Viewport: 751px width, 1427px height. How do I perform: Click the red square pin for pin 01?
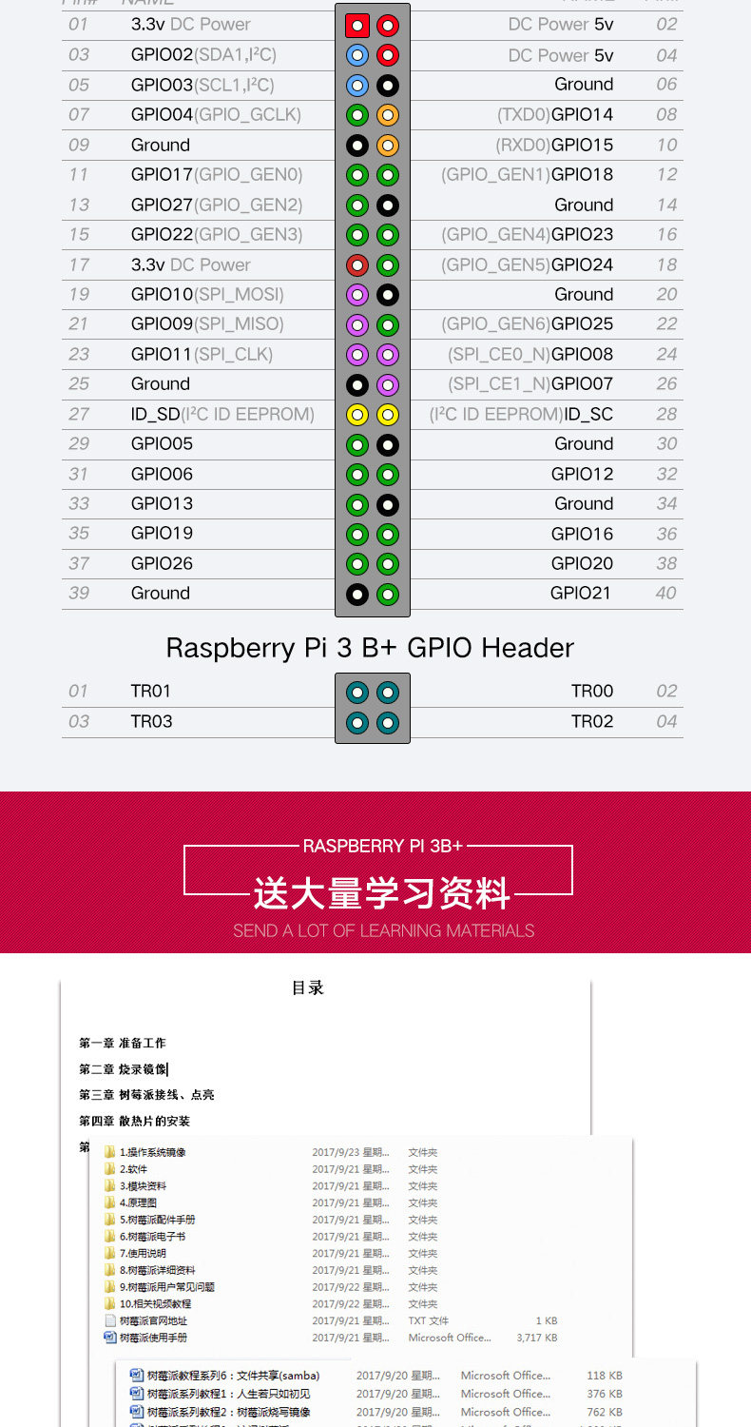357,26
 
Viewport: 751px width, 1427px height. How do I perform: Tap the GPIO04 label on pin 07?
162,115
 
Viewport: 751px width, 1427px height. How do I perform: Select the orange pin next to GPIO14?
387,115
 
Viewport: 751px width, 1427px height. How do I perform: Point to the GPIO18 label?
582,175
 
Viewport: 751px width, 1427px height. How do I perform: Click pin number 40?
666,594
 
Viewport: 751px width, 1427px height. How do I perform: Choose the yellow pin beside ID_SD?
357,414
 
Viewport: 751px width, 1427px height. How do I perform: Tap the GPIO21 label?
582,594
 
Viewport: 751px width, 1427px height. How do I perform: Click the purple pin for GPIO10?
357,295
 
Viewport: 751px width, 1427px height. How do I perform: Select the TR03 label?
151,721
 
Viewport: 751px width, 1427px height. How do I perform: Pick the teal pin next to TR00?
387,692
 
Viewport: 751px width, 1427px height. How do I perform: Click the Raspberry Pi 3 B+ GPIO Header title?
370,648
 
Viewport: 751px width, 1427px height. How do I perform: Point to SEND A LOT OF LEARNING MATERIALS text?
383,930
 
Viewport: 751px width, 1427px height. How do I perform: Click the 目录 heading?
307,988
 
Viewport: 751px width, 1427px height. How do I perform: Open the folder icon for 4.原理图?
109,1203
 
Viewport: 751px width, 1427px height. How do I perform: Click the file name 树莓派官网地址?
153,1320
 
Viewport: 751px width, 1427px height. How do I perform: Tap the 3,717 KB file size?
536,1338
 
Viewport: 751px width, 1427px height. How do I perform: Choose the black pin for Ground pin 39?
357,594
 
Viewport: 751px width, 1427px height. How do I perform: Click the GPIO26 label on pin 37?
162,563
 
